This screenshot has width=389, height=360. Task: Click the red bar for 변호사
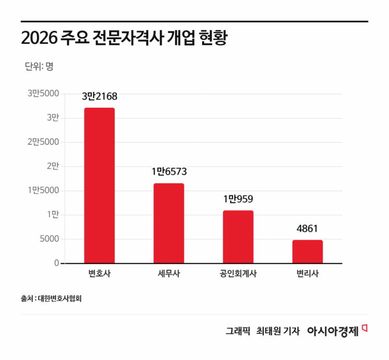(x=99, y=185)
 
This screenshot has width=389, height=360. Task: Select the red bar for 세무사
(x=169, y=223)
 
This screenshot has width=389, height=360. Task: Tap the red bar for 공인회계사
(x=238, y=237)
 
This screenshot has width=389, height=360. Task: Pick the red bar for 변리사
(x=308, y=251)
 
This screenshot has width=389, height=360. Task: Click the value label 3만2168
(x=100, y=97)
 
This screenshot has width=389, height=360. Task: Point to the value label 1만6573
(x=169, y=172)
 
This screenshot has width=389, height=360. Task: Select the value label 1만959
(x=238, y=199)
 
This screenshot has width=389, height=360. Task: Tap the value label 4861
(x=308, y=228)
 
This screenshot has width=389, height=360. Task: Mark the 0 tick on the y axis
(x=56, y=263)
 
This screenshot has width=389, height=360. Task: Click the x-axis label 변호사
(x=99, y=274)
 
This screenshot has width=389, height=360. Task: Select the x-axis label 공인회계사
(x=238, y=274)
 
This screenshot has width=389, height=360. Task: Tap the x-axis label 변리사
(x=308, y=274)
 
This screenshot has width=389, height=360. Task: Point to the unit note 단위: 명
(x=39, y=66)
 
